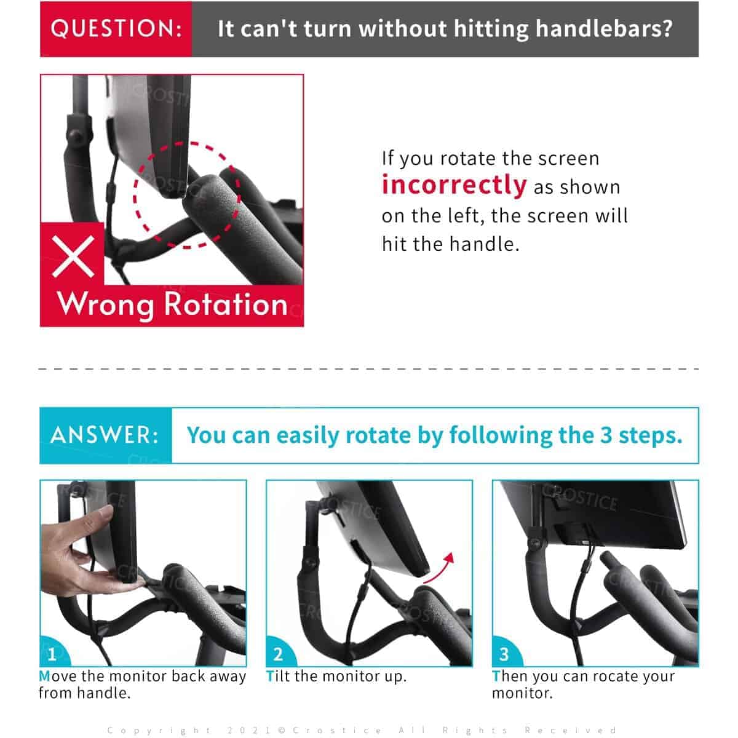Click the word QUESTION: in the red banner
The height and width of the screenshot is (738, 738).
click(116, 29)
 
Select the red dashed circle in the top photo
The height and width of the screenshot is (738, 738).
click(188, 195)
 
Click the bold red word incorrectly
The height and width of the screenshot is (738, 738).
click(454, 184)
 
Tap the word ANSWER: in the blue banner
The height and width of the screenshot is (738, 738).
click(105, 435)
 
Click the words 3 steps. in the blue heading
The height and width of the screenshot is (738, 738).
click(641, 435)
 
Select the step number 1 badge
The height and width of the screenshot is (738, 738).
click(52, 654)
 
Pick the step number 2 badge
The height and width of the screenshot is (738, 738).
click(278, 654)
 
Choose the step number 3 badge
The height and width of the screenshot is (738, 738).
click(504, 654)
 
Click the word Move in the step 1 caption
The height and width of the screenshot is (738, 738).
click(58, 676)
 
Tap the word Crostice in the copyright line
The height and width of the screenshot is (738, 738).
click(336, 730)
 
